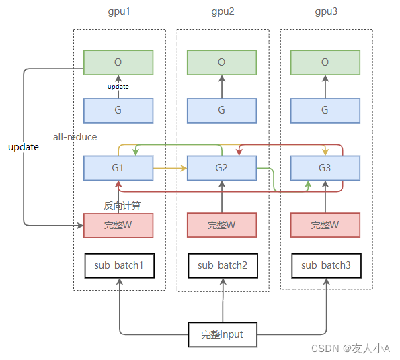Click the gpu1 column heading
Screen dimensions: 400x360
pyautogui.click(x=119, y=11)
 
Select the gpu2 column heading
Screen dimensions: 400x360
pyautogui.click(x=223, y=11)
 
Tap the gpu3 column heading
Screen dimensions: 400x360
pyautogui.click(x=326, y=11)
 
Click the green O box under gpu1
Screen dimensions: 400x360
pyautogui.click(x=118, y=62)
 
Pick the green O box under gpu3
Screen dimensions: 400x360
pyautogui.click(x=325, y=62)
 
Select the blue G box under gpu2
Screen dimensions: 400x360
pyautogui.click(x=222, y=111)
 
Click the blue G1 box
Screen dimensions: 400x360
pyautogui.click(x=118, y=168)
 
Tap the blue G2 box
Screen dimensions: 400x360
pyautogui.click(x=222, y=168)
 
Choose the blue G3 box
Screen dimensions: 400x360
pyautogui.click(x=325, y=168)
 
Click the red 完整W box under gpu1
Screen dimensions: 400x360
pyautogui.click(x=118, y=226)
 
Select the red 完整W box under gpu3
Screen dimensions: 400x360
pyautogui.click(x=325, y=225)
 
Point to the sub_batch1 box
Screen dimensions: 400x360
pyautogui.click(x=120, y=266)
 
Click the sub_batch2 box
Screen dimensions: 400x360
pyautogui.click(x=223, y=266)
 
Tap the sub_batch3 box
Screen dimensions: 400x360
pyautogui.click(x=326, y=266)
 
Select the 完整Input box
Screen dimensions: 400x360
pyautogui.click(x=223, y=334)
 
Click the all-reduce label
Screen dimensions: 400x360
pyautogui.click(x=75, y=137)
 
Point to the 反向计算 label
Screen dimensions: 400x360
pyautogui.click(x=122, y=206)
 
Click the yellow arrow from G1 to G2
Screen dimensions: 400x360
pyautogui.click(x=170, y=168)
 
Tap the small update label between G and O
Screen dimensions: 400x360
pyautogui.click(x=118, y=87)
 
